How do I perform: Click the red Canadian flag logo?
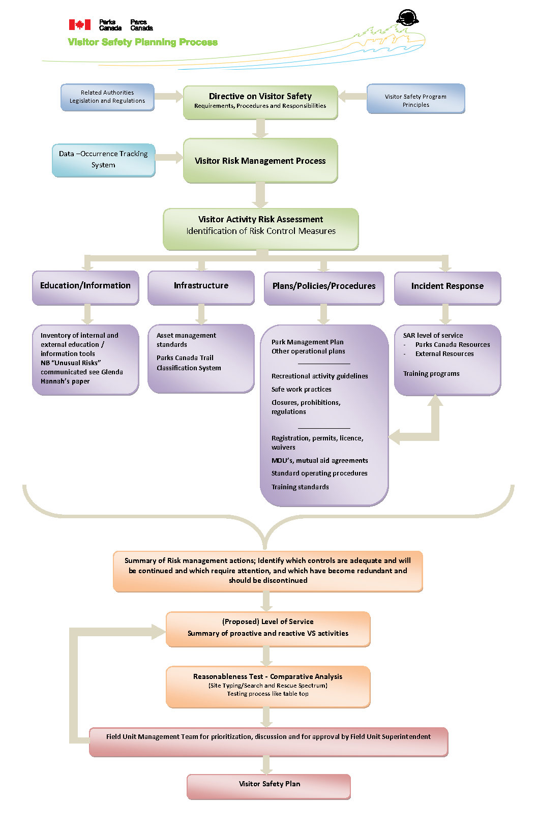[80, 24]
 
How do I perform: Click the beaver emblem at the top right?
[407, 18]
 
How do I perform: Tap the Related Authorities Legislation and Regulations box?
[107, 97]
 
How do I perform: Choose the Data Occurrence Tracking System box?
[103, 160]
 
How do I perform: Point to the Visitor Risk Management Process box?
[260, 161]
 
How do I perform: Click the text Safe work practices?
[301, 390]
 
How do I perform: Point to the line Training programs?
[431, 374]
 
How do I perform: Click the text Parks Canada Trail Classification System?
[189, 363]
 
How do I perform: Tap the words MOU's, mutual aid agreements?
[319, 461]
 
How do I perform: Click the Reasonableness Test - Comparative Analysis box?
[268, 686]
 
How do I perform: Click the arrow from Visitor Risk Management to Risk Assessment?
[260, 195]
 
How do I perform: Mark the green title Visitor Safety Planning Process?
[143, 42]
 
